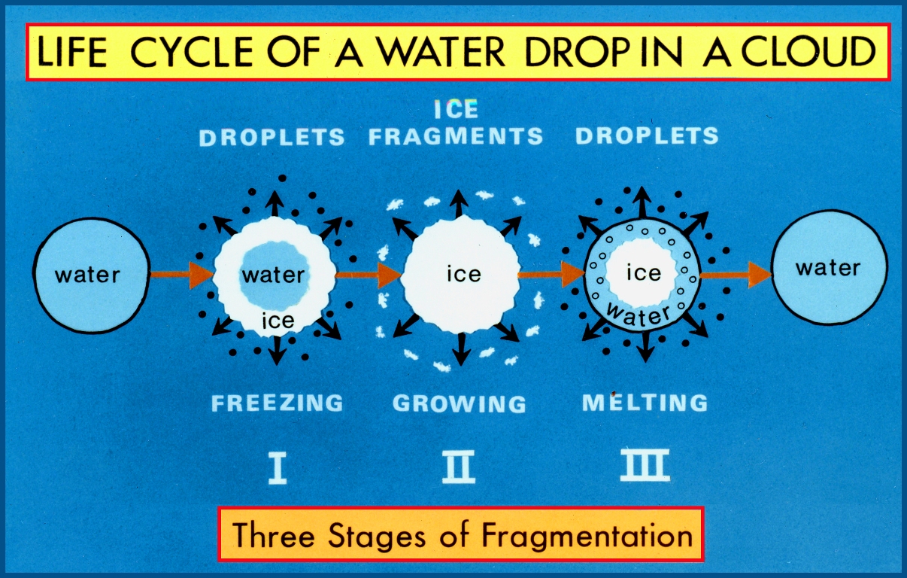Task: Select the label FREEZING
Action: pyautogui.click(x=277, y=403)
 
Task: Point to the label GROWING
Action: pyautogui.click(x=460, y=403)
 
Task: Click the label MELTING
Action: pyautogui.click(x=645, y=402)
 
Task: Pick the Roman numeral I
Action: pyautogui.click(x=278, y=467)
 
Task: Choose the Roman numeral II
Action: pyautogui.click(x=458, y=467)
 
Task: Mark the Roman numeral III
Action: pyautogui.click(x=645, y=467)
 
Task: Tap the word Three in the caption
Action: pyautogui.click(x=270, y=536)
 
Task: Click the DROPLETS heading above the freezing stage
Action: pyautogui.click(x=272, y=137)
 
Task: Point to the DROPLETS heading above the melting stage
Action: pyautogui.click(x=647, y=136)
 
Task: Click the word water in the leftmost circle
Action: pyautogui.click(x=87, y=274)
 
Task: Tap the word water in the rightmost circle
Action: pyautogui.click(x=828, y=268)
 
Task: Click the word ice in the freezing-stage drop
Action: pyautogui.click(x=277, y=321)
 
